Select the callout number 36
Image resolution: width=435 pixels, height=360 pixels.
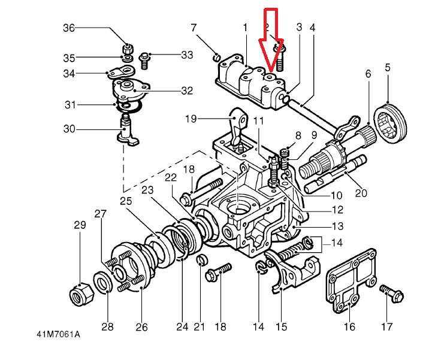70,28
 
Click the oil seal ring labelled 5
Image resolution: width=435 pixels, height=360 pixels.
391,123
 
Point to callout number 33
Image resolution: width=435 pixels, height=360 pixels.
187,56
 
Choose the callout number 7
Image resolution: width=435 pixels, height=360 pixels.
194,28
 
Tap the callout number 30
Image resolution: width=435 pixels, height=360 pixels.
70,129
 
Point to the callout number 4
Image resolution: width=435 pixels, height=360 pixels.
313,28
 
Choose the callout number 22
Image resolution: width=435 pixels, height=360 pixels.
170,177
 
